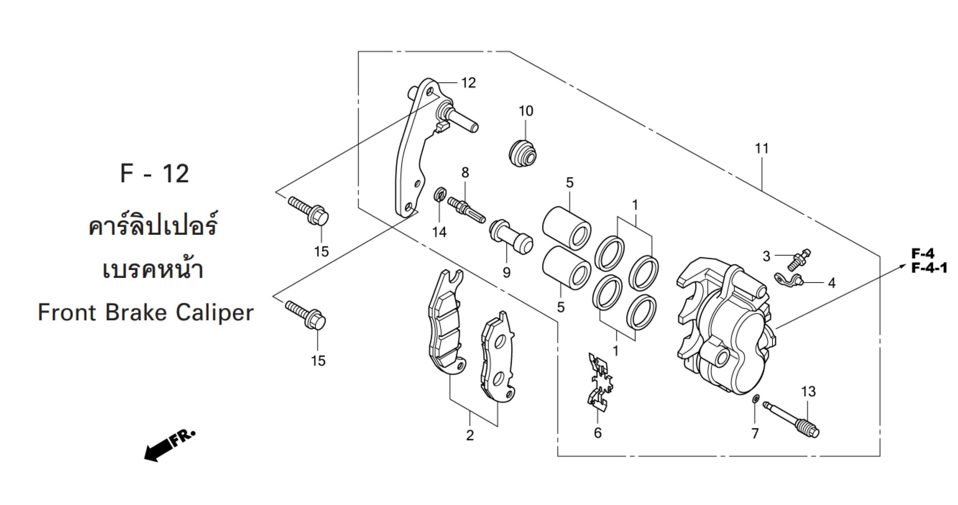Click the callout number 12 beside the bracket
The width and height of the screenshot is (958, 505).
(468, 82)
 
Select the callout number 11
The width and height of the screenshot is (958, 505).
(761, 149)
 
